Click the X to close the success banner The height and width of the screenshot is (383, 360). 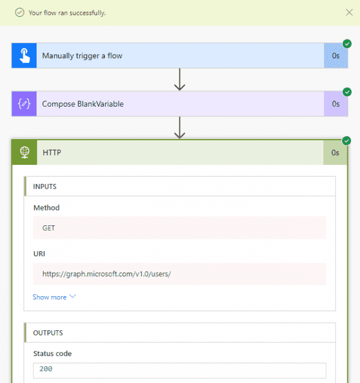point(349,13)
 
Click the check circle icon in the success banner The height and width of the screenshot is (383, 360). point(20,13)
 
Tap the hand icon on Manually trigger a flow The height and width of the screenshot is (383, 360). point(25,56)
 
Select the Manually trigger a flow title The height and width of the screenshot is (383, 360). point(82,56)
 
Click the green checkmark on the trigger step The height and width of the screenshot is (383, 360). point(347,44)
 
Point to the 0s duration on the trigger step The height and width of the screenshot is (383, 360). point(336,56)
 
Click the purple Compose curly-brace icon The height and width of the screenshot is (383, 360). point(24,104)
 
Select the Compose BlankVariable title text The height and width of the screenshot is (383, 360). point(83,104)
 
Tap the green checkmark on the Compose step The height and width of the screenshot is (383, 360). point(347,92)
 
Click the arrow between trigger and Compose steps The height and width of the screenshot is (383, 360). point(180,79)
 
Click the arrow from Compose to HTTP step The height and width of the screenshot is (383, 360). point(180,128)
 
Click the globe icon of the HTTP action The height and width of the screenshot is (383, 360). point(25,152)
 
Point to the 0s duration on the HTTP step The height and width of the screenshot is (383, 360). point(335,153)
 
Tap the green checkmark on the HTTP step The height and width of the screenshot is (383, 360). point(347,141)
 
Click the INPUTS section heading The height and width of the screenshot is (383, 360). point(45,186)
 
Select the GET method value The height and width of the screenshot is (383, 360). point(49,228)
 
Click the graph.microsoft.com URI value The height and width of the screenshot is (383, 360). point(107,274)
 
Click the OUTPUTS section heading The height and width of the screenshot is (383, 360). point(48,333)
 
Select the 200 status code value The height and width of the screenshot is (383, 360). point(46,369)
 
